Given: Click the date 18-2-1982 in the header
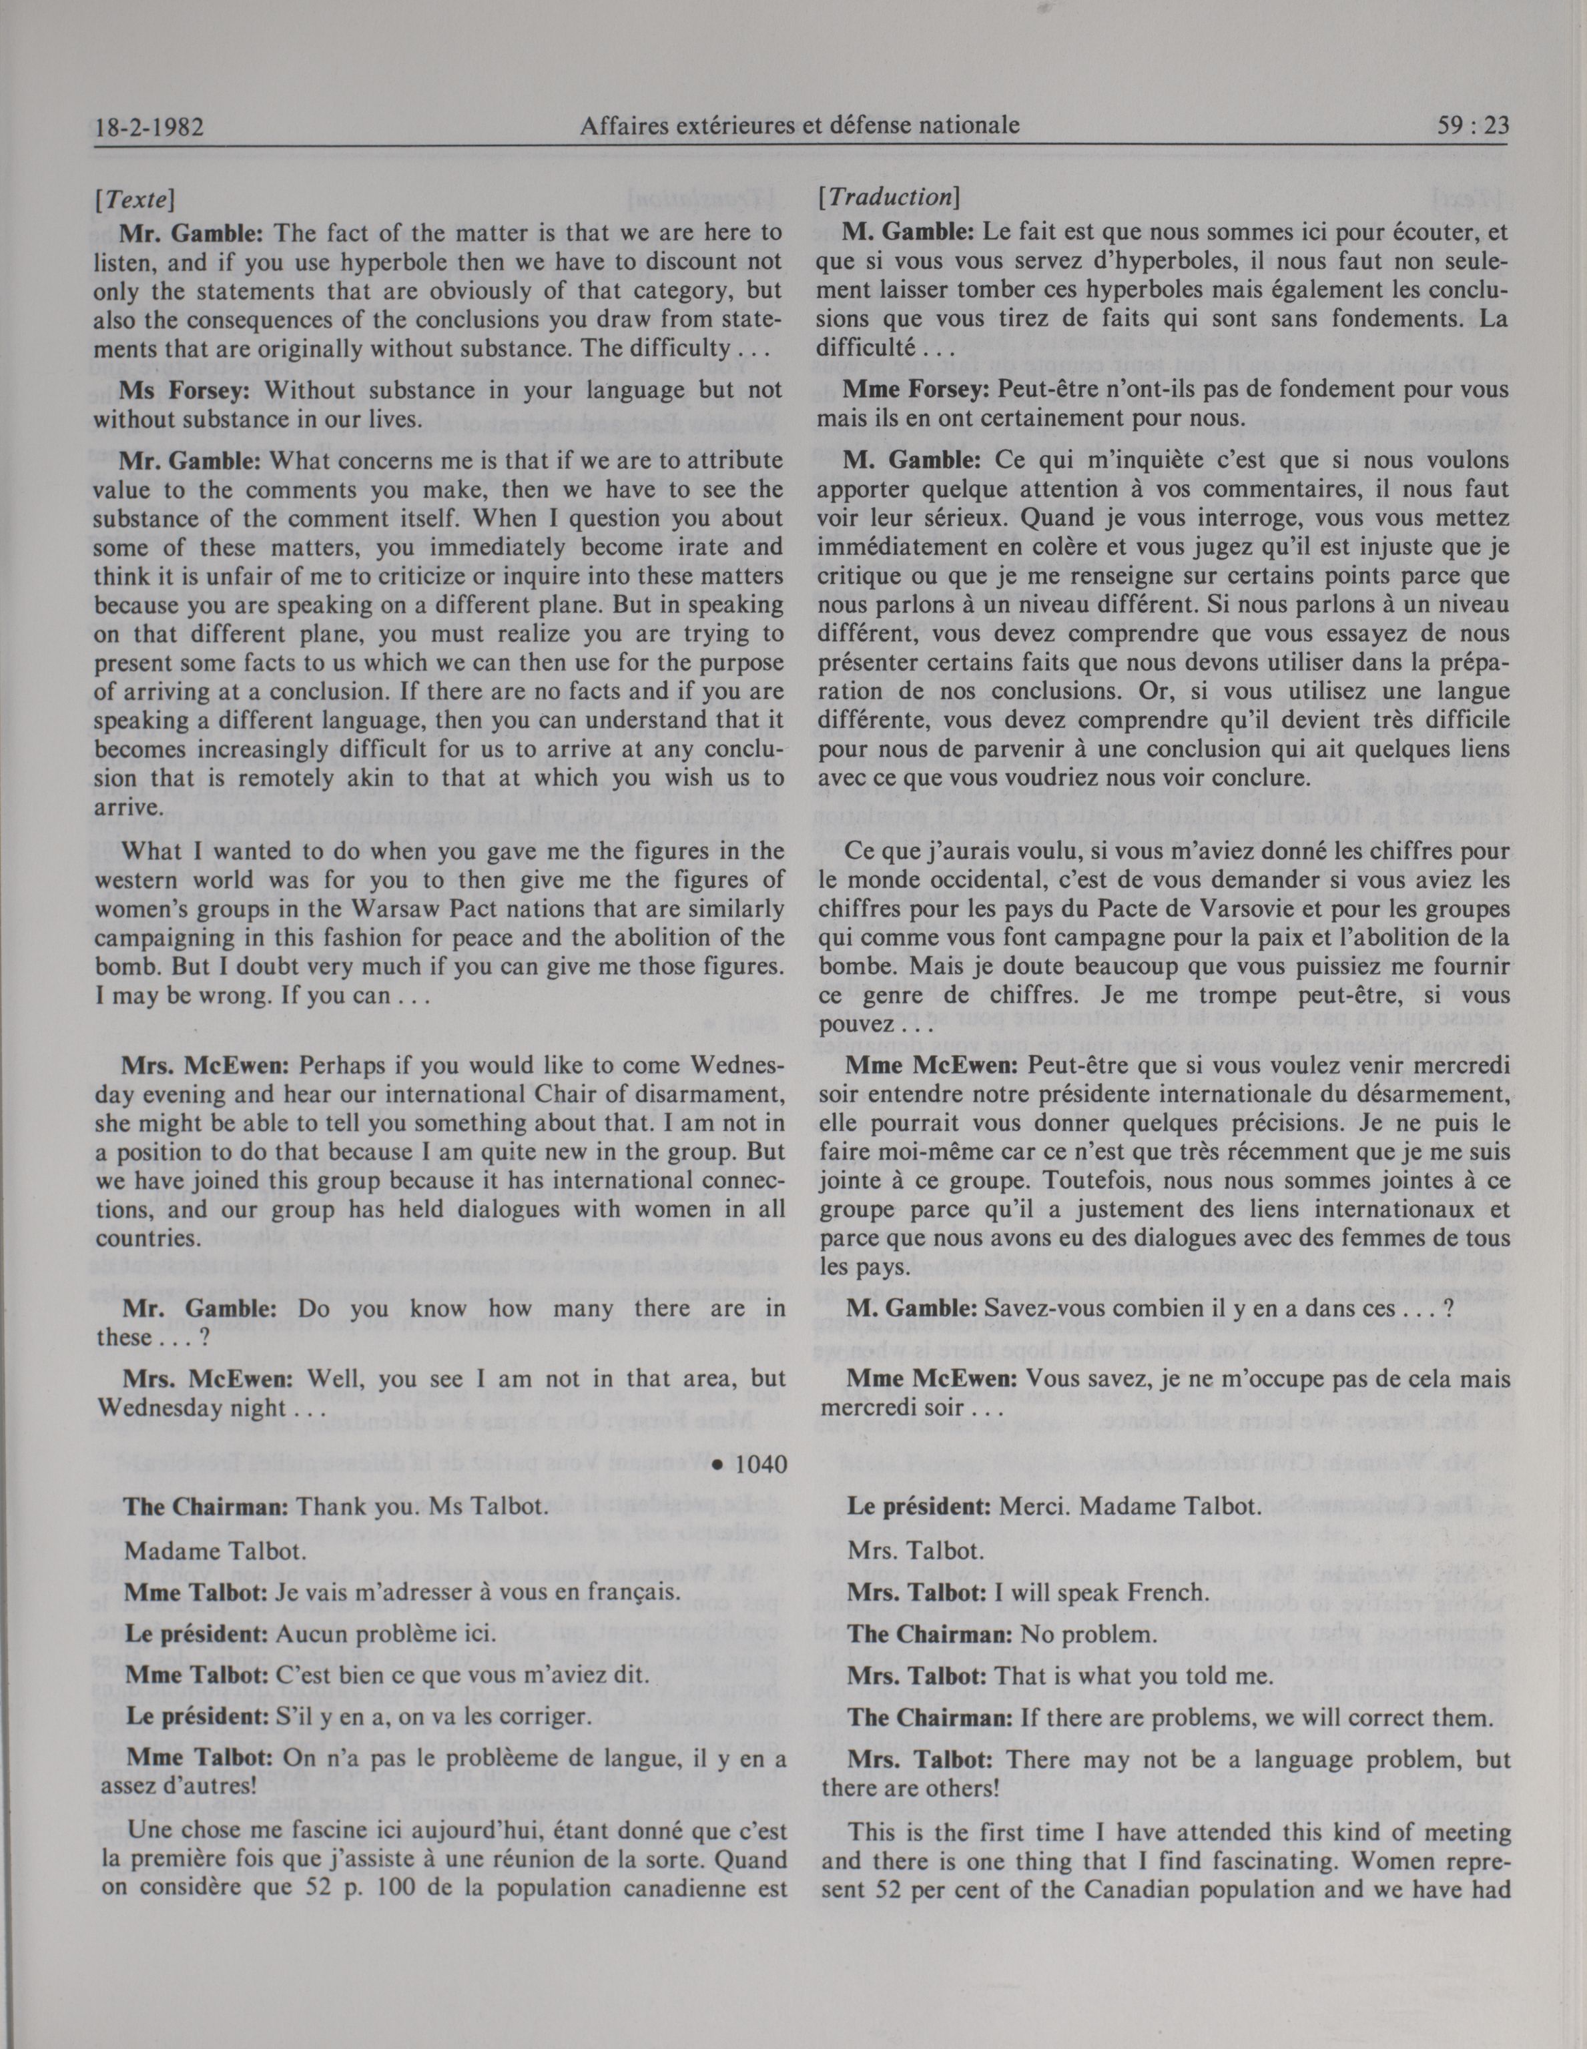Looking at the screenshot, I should (x=149, y=125).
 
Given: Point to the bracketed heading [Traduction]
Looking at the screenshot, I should (x=887, y=199).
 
